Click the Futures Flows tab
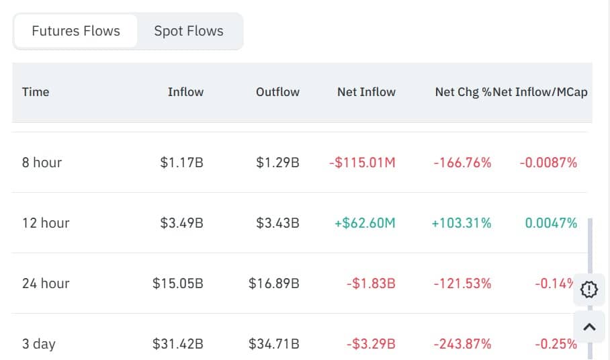[x=75, y=31]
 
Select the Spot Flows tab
[x=189, y=31]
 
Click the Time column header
[x=36, y=92]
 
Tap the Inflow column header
[x=185, y=92]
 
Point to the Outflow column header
[x=277, y=92]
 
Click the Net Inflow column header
[x=366, y=92]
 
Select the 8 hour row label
[x=42, y=163]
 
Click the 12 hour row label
[x=46, y=223]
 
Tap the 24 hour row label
[x=46, y=283]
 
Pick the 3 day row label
[x=39, y=344]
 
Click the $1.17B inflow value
[x=181, y=163]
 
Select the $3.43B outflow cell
[x=277, y=223]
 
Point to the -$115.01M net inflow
[x=362, y=163]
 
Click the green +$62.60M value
[x=365, y=223]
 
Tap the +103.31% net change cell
[x=461, y=223]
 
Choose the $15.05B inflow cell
[x=178, y=283]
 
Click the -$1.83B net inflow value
[x=371, y=283]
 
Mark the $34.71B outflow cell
[x=274, y=344]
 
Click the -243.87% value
[x=462, y=344]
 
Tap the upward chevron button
[x=589, y=327]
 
